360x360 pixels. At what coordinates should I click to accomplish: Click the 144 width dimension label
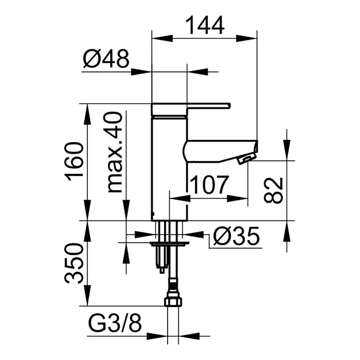pos(204,25)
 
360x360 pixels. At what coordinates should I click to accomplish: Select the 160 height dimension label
pos(75,162)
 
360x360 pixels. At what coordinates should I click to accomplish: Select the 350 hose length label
pos(75,264)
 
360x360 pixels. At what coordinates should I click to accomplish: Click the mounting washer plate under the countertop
pos(169,240)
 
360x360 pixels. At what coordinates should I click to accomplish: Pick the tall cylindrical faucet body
pos(170,165)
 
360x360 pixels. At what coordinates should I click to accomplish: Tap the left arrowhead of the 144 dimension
pos(157,37)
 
